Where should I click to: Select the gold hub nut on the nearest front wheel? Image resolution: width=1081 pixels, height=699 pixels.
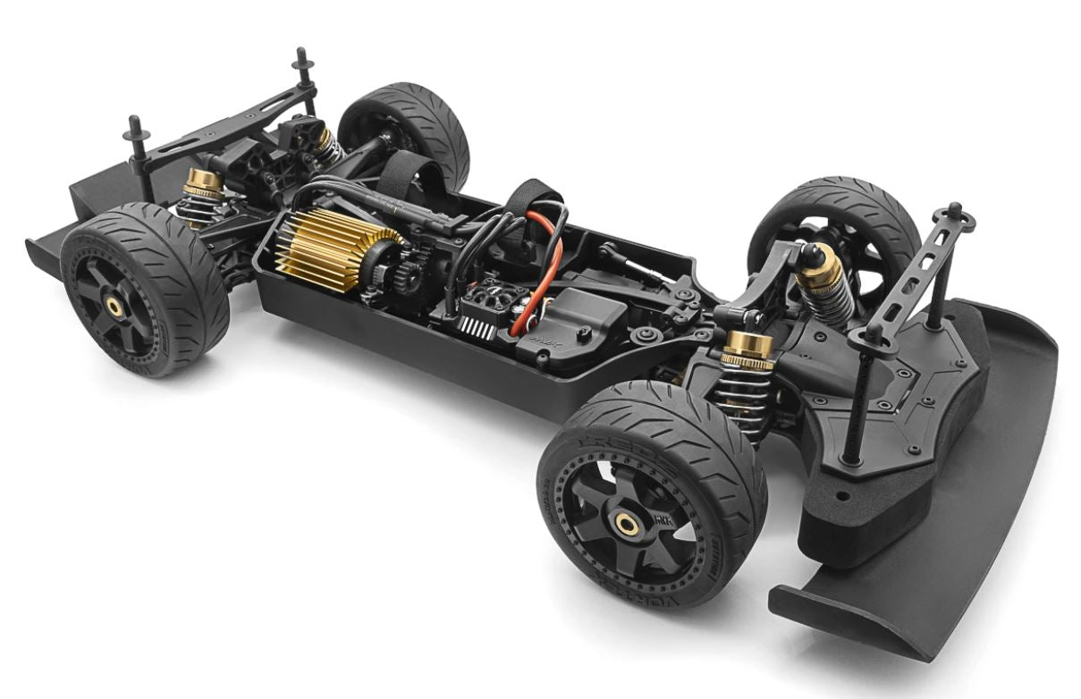point(629,525)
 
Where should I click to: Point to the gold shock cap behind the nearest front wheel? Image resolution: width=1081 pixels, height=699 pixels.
point(747,348)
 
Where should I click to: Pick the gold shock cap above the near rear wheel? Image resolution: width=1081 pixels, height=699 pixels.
point(204,182)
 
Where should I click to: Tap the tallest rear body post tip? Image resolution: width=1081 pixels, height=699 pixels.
point(301,56)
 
